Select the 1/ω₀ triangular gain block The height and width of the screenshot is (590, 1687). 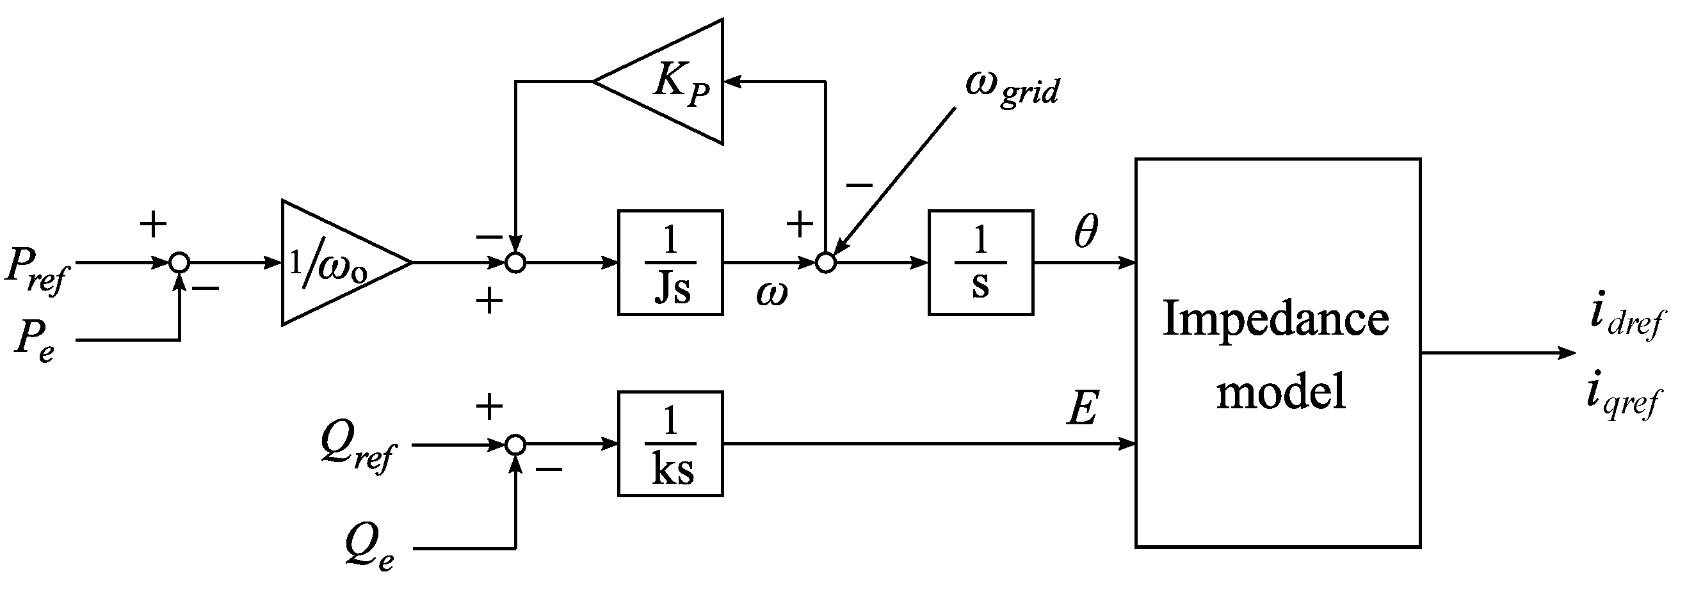(334, 262)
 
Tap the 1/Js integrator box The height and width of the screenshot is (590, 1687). (670, 262)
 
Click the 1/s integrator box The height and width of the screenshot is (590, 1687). (980, 262)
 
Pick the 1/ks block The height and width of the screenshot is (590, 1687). (670, 444)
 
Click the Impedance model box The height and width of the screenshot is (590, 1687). (1277, 354)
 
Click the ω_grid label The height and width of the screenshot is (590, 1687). (1012, 88)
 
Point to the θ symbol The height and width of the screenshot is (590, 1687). (1085, 230)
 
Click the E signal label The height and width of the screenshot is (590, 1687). (1082, 410)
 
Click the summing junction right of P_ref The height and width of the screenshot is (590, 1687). (179, 262)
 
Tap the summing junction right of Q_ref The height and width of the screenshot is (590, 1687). (516, 445)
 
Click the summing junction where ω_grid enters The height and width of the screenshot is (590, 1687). (826, 262)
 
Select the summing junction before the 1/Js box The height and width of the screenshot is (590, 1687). (516, 262)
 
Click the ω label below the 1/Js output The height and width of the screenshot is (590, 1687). (771, 294)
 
